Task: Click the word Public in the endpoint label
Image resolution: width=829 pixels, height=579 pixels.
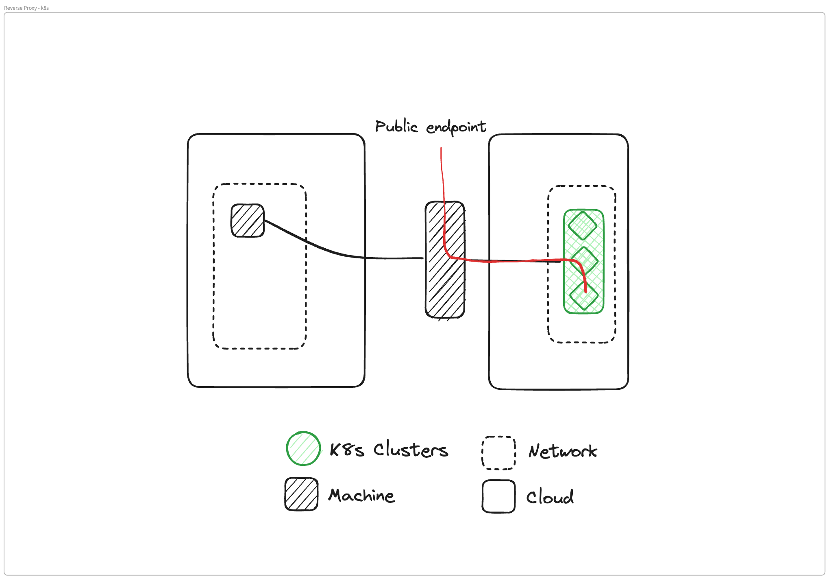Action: (396, 127)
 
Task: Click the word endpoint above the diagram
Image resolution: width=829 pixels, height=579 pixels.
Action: (456, 127)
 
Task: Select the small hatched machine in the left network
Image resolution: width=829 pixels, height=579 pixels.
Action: (248, 221)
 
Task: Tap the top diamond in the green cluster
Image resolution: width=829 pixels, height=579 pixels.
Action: (583, 225)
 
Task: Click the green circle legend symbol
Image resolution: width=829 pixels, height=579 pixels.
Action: (303, 448)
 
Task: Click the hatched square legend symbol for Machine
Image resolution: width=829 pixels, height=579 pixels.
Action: (301, 494)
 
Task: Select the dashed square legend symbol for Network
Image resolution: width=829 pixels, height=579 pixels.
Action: (498, 453)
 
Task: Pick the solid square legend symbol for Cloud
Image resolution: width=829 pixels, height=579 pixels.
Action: (498, 496)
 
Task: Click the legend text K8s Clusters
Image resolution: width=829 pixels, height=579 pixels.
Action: (389, 450)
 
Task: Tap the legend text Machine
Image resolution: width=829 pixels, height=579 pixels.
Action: (361, 496)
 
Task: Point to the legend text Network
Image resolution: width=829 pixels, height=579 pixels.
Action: (563, 451)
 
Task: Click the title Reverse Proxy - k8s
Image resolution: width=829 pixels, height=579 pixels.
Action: (26, 8)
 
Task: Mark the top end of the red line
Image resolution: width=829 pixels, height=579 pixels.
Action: (441, 149)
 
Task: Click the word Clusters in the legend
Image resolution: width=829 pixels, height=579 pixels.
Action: (411, 450)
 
